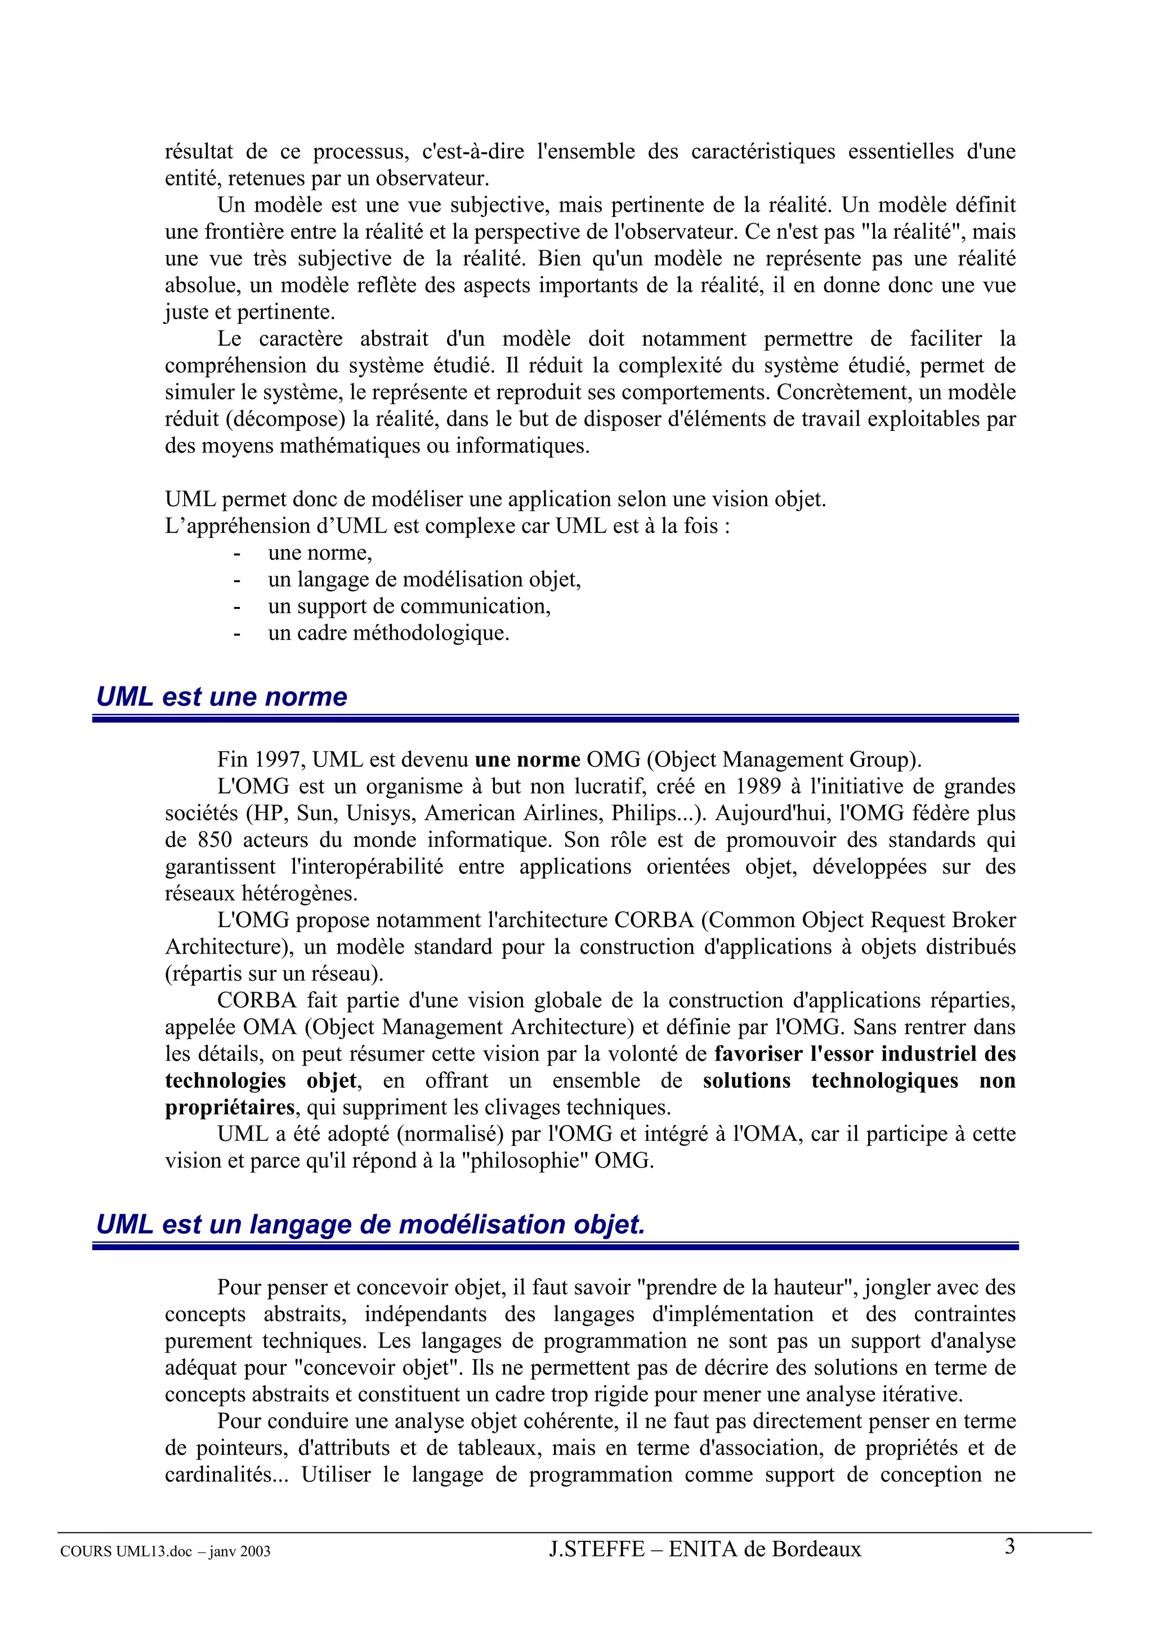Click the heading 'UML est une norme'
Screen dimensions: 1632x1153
click(222, 697)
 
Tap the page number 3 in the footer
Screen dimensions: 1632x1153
click(1009, 1546)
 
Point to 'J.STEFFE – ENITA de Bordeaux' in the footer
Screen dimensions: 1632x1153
click(705, 1549)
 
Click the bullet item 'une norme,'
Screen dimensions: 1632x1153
click(320, 552)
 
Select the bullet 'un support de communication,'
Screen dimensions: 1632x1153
click(409, 605)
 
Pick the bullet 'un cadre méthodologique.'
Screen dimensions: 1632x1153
click(388, 632)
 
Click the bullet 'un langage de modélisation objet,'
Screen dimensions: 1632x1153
click(424, 579)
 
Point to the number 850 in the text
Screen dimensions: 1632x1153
click(214, 840)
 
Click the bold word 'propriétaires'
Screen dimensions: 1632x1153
click(230, 1107)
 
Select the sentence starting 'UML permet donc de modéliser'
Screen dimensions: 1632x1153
click(495, 499)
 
